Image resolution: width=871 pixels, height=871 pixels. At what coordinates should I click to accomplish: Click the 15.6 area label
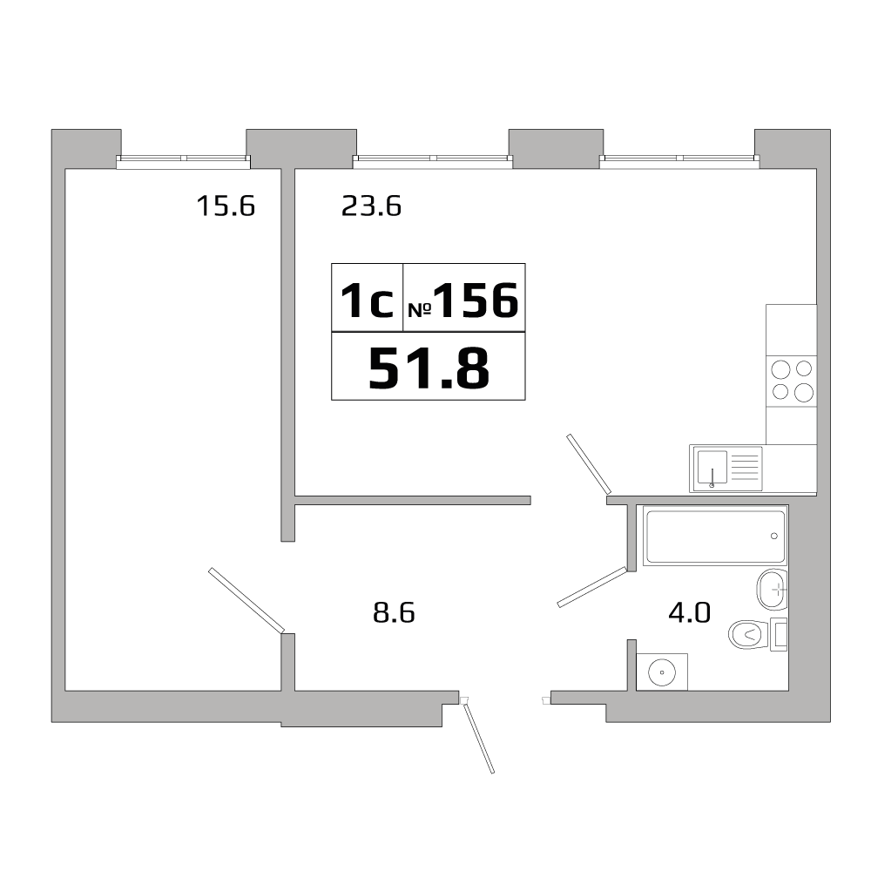tap(225, 206)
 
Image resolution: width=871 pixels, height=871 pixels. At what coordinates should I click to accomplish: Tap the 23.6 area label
tap(370, 206)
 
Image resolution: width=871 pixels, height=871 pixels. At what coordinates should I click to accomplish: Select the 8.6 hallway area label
tap(393, 613)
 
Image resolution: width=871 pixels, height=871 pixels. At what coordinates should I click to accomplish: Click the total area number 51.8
tap(429, 368)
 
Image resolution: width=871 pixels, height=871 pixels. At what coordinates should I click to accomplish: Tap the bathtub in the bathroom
tap(714, 537)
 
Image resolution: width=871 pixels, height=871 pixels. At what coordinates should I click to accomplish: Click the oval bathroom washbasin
tap(773, 590)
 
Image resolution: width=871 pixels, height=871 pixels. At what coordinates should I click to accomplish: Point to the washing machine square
tap(662, 672)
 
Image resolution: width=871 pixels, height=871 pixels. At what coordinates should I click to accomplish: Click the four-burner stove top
tap(792, 380)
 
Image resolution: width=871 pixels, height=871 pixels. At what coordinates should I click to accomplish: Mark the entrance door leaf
tap(479, 739)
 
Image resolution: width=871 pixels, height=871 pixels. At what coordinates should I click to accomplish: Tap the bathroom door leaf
tap(592, 586)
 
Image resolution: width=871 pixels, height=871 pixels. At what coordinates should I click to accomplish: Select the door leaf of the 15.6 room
tap(246, 600)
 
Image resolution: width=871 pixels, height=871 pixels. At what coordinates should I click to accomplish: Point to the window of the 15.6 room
tap(184, 159)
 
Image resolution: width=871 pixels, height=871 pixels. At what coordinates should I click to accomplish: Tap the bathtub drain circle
tap(774, 536)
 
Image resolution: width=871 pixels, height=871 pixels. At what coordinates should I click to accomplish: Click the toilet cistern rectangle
tap(780, 635)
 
